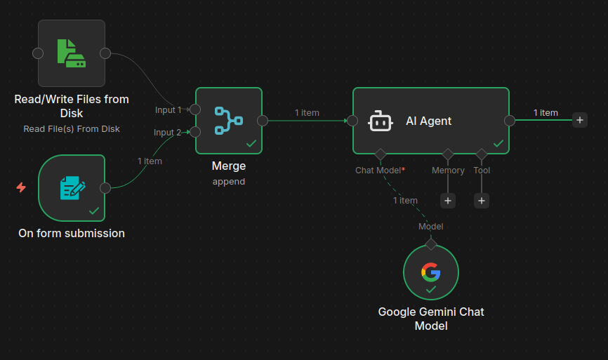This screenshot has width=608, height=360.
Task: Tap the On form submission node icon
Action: tap(71, 188)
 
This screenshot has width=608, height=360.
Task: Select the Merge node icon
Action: tap(228, 120)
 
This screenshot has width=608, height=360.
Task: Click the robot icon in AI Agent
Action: tap(380, 121)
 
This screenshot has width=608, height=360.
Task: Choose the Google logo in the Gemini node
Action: tap(430, 271)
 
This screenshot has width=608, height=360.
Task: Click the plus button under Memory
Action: tap(448, 201)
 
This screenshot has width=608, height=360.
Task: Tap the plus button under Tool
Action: tap(482, 201)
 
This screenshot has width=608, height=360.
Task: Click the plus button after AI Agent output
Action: tap(580, 120)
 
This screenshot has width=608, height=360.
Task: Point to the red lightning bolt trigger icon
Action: tap(21, 187)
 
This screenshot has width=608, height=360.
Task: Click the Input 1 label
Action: tap(168, 110)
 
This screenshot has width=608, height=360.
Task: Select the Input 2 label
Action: tap(168, 133)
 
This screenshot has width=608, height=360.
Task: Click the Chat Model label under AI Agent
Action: tap(379, 171)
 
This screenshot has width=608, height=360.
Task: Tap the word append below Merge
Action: tap(228, 181)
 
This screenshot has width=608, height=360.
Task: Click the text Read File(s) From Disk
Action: tap(72, 129)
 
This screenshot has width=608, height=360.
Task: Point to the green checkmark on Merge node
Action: tap(251, 143)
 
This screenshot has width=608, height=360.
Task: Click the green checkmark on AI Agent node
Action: tap(498, 143)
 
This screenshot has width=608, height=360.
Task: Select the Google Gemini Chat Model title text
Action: tap(431, 319)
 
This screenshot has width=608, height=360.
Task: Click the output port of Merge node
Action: tap(263, 121)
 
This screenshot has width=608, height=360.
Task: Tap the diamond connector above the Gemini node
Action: tap(431, 244)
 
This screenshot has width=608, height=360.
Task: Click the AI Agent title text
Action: tap(428, 121)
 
